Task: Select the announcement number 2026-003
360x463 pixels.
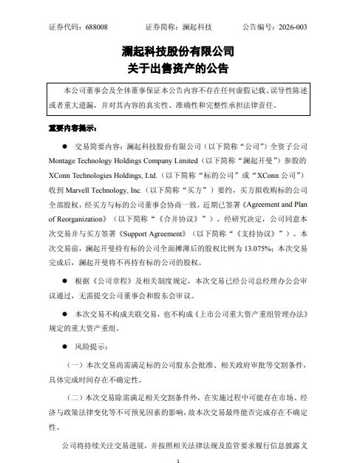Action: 293,27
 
